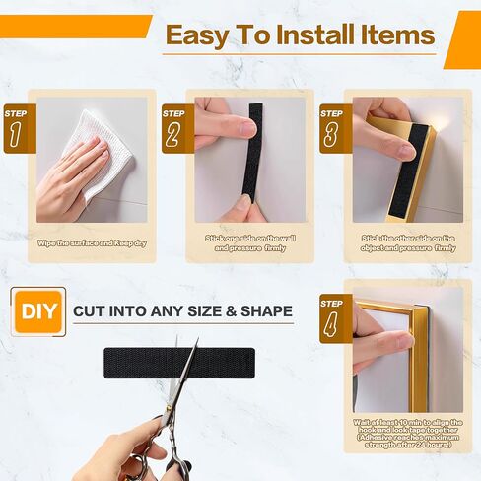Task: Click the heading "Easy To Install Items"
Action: (299, 36)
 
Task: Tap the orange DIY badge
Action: (38, 312)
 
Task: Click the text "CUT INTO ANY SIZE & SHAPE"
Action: (182, 312)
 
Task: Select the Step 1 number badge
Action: (17, 128)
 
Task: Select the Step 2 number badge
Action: (172, 128)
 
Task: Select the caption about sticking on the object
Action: (407, 242)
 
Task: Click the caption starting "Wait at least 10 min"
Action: (407, 435)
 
